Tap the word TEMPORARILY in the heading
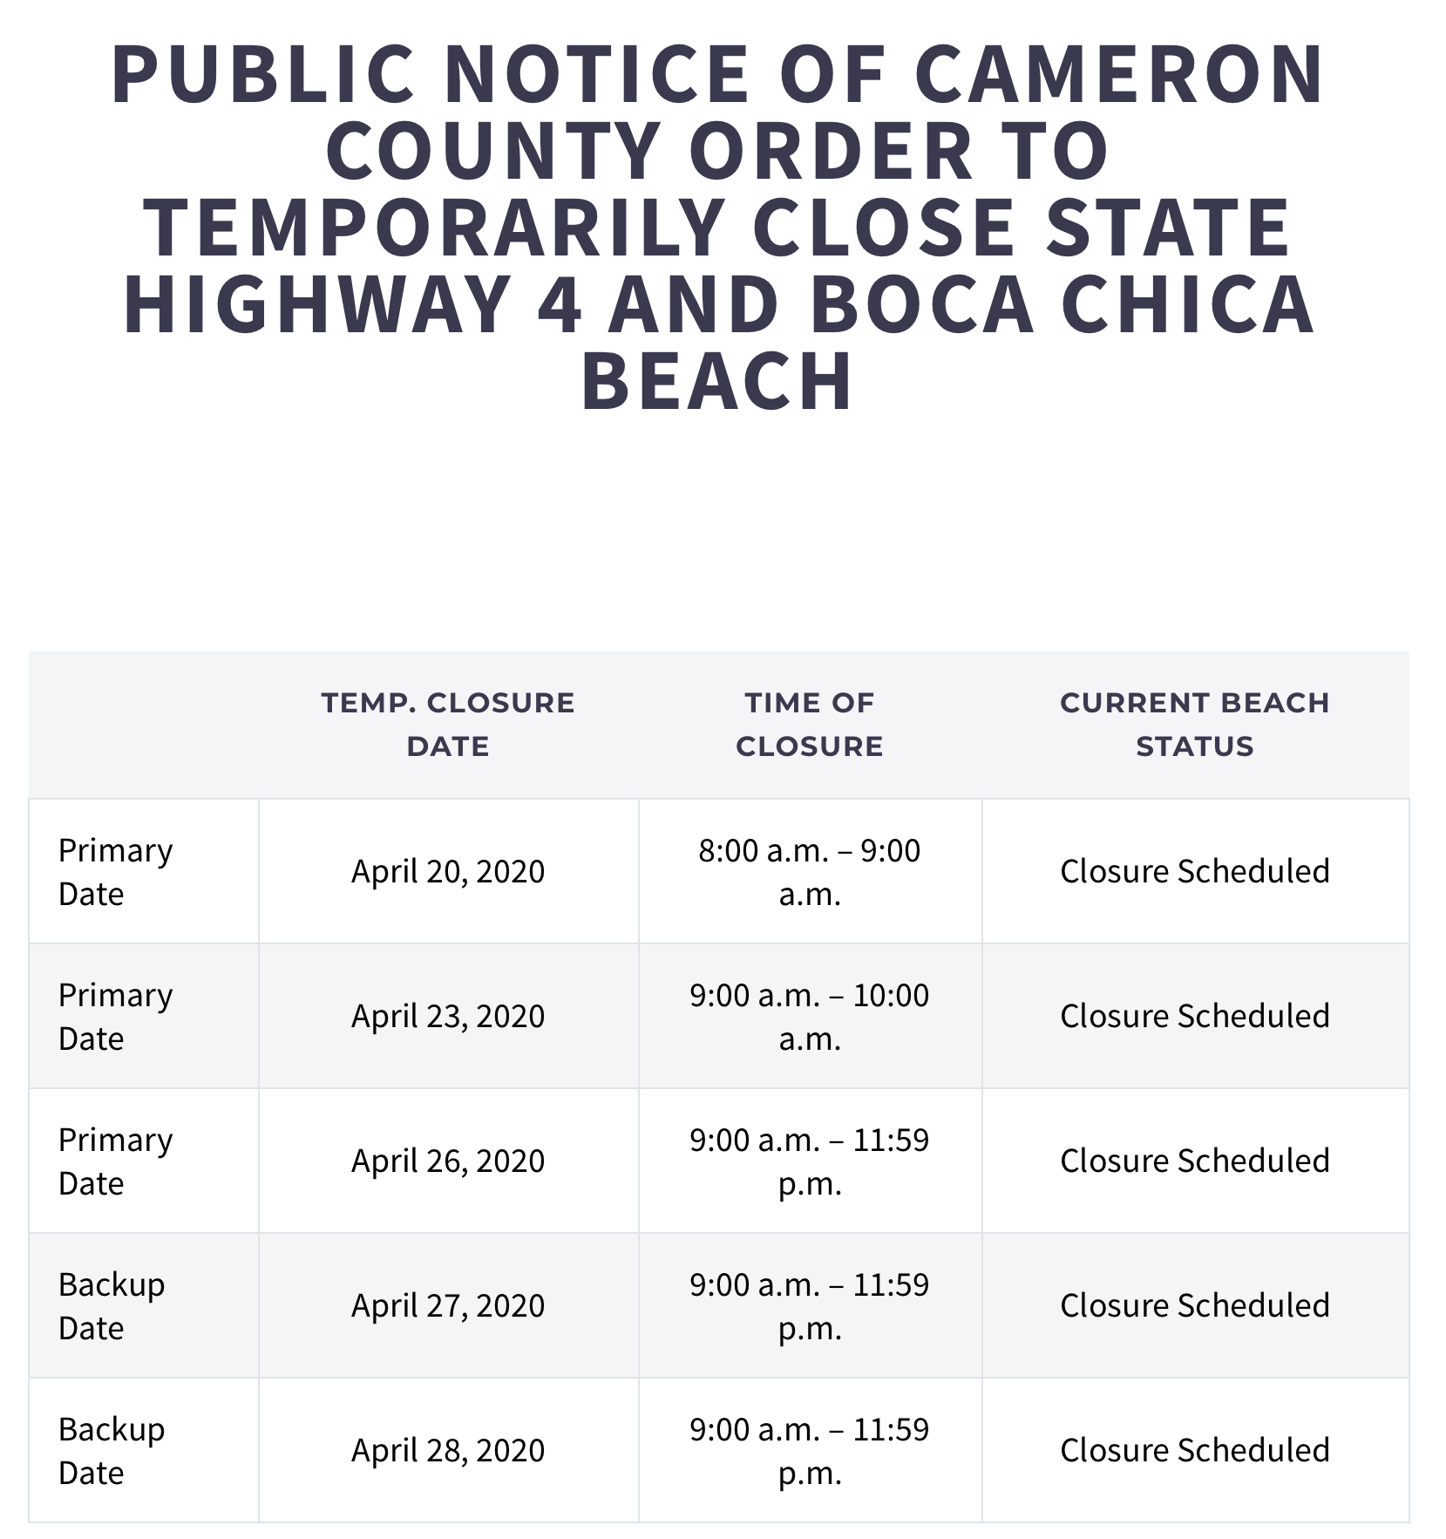point(433,228)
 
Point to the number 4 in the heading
point(559,305)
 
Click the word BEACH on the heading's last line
point(717,381)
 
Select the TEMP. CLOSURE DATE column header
point(448,724)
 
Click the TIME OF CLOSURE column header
point(810,724)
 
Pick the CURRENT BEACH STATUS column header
point(1194,724)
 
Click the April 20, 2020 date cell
point(448,871)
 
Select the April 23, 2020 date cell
point(448,1016)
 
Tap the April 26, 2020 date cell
point(448,1161)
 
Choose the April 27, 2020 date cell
point(448,1305)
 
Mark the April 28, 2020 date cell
point(448,1450)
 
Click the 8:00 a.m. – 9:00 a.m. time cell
point(810,871)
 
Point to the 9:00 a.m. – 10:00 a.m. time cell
point(810,1016)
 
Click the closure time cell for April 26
point(810,1161)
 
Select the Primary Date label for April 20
point(115,871)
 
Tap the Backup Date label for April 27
point(111,1305)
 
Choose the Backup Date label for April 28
point(111,1450)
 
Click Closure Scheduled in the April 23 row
point(1194,1016)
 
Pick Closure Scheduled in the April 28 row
point(1194,1450)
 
